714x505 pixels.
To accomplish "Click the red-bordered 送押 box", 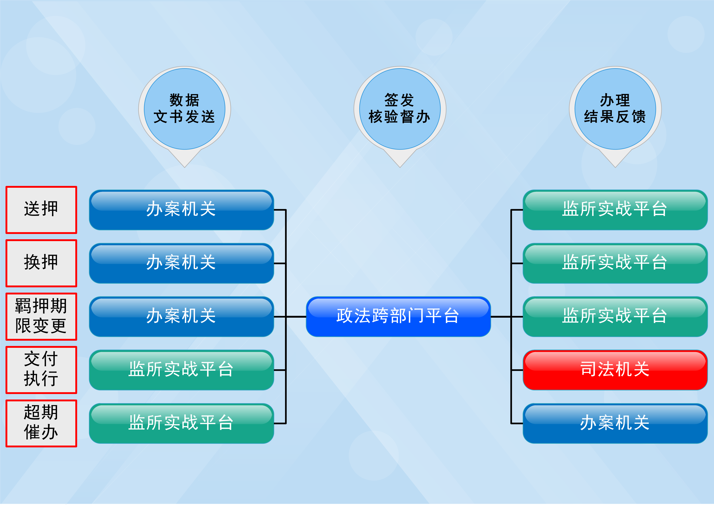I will pyautogui.click(x=41, y=210).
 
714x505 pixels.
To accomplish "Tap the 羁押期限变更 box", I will pyautogui.click(x=41, y=316).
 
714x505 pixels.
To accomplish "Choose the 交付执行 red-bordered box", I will pyautogui.click(x=41, y=370).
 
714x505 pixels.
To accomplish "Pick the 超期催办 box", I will pyautogui.click(x=41, y=423).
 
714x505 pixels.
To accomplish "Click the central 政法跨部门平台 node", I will pyautogui.click(x=398, y=316).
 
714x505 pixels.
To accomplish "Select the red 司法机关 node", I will pyautogui.click(x=615, y=370).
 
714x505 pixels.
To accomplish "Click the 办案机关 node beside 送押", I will pyautogui.click(x=181, y=210).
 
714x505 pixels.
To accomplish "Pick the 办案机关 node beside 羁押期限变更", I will pyautogui.click(x=181, y=316).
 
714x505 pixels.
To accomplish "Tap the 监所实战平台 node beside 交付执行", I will pyautogui.click(x=181, y=370).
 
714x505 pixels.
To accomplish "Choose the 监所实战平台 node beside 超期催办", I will pyautogui.click(x=181, y=423).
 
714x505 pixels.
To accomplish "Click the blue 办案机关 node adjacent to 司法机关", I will pyautogui.click(x=615, y=423).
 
